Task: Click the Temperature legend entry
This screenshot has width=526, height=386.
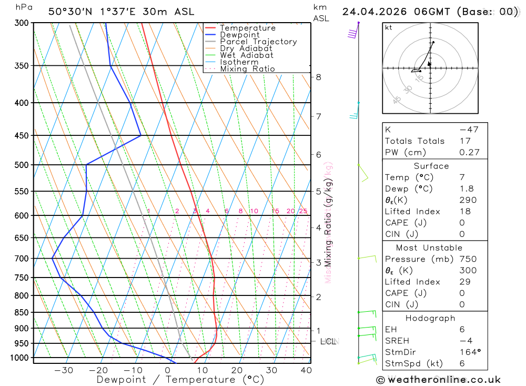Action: click(x=247, y=28)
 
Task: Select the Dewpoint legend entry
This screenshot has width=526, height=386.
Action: click(x=239, y=35)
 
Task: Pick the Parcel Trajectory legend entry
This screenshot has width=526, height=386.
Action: click(x=258, y=42)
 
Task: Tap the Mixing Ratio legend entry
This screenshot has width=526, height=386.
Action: click(x=247, y=69)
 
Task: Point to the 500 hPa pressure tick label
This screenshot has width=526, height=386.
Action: click(x=22, y=165)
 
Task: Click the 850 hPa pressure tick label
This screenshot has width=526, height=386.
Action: click(x=22, y=312)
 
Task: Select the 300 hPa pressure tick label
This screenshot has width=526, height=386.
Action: click(x=22, y=23)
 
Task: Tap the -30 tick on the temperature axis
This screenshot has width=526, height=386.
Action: click(x=64, y=370)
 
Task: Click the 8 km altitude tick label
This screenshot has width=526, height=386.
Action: click(x=318, y=77)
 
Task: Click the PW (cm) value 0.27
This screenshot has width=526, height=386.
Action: click(x=469, y=153)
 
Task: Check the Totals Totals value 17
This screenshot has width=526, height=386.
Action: click(x=464, y=141)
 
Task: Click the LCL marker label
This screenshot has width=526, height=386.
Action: click(x=328, y=342)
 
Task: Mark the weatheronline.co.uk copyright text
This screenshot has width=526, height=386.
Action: click(x=439, y=380)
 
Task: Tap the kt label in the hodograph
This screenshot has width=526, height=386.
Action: click(x=389, y=27)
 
